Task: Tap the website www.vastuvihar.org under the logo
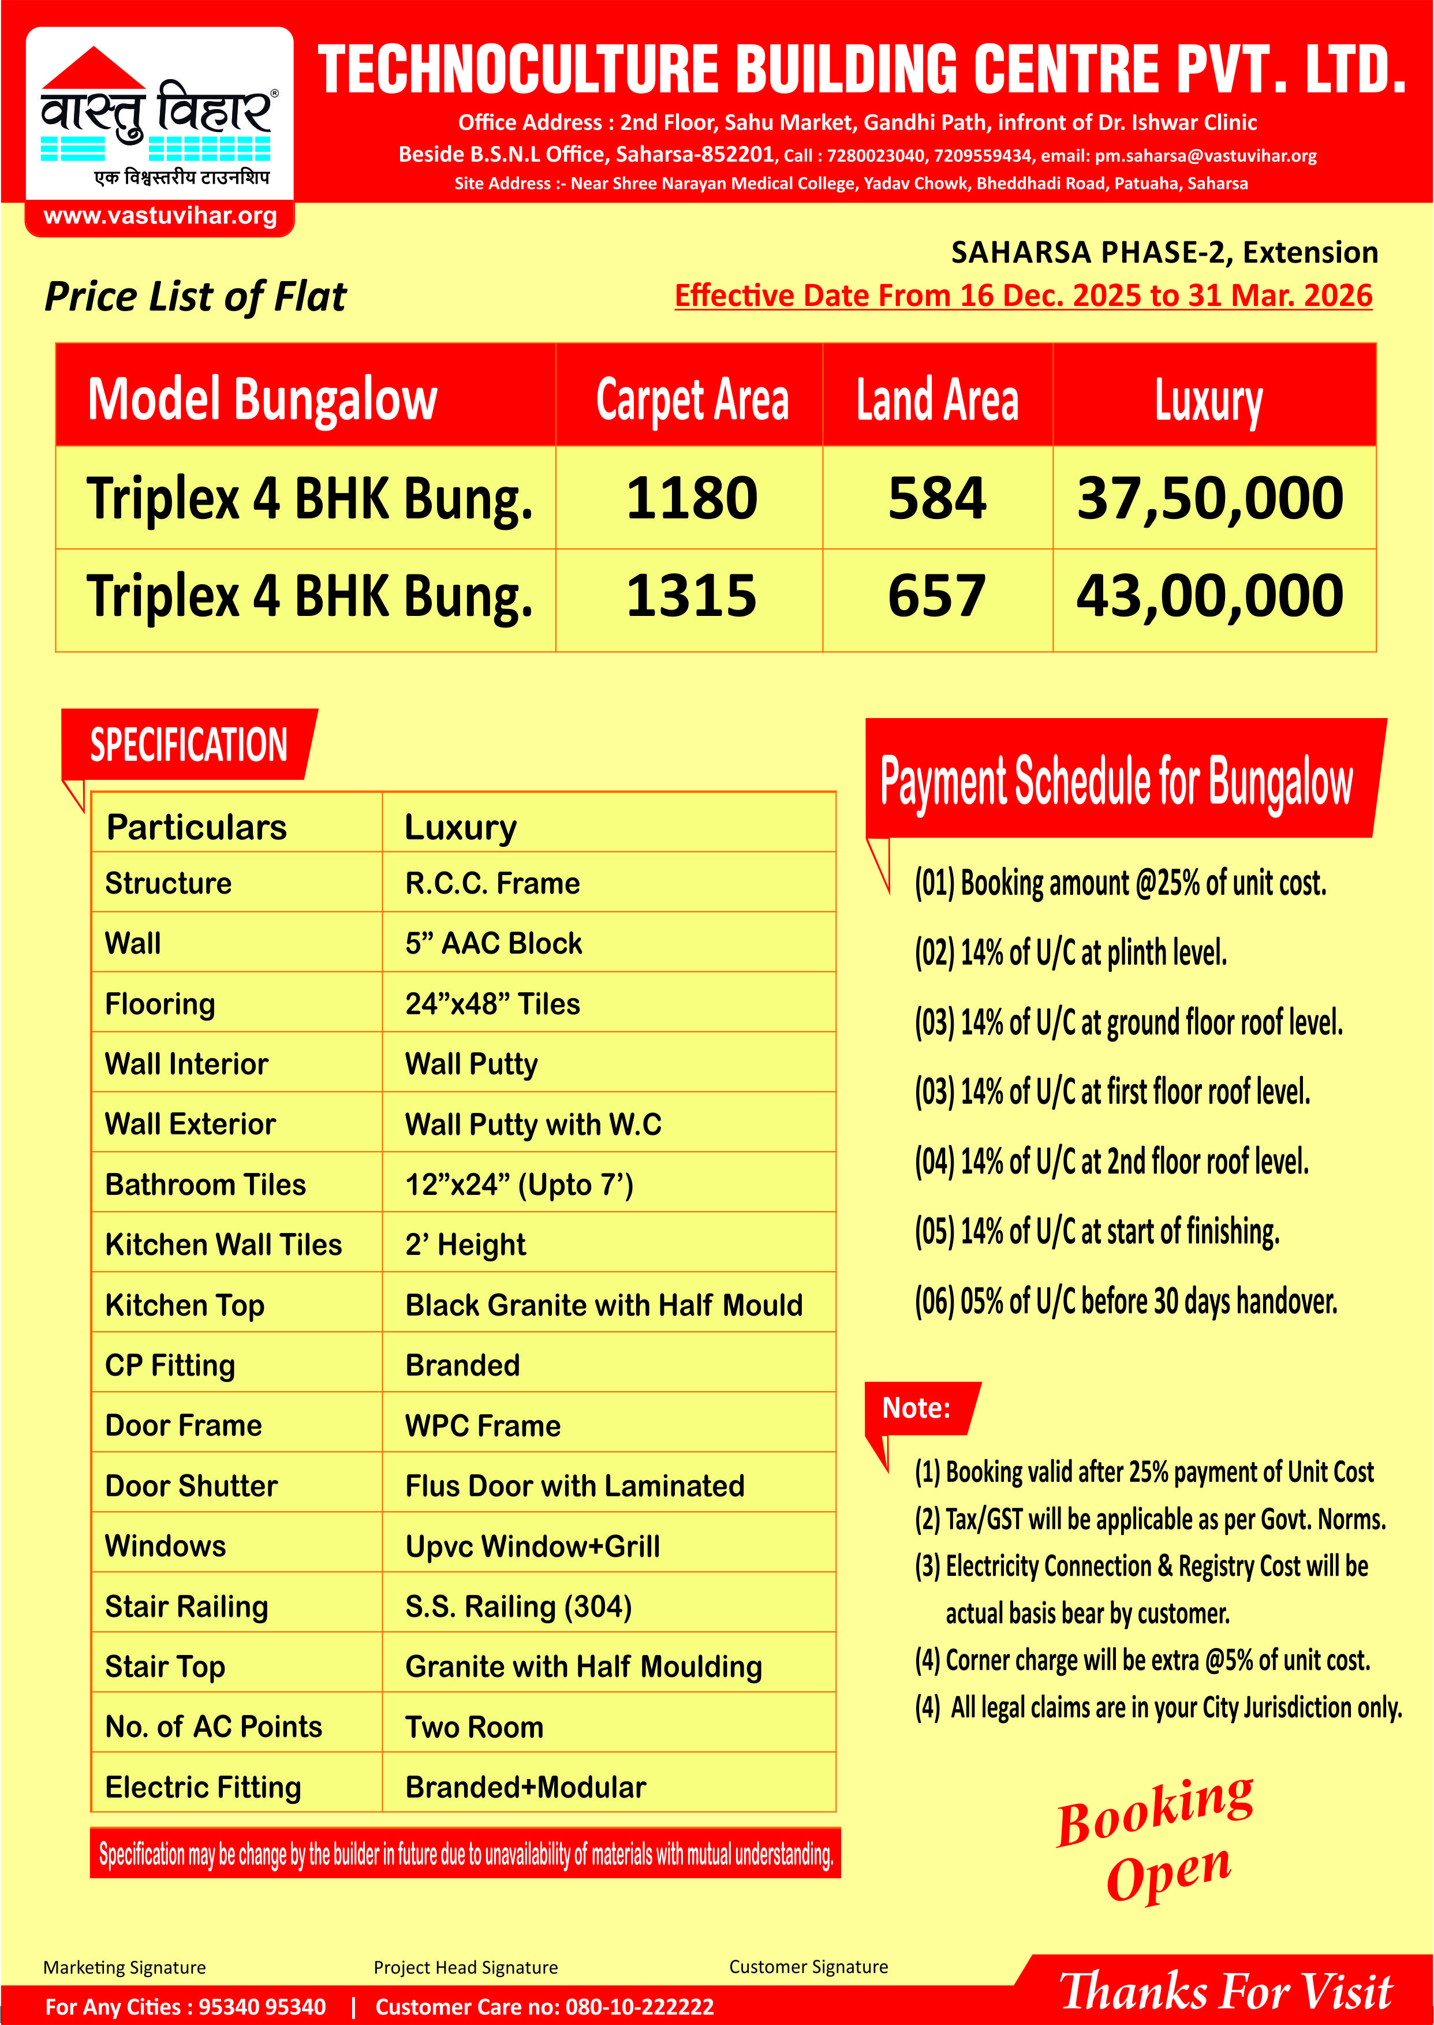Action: [x=160, y=216]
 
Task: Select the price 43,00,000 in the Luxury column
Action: [x=1209, y=596]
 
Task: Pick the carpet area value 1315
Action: [x=692, y=596]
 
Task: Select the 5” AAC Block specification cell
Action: [x=494, y=944]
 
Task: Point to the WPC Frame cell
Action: [x=483, y=1426]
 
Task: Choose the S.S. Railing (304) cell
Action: [x=518, y=1606]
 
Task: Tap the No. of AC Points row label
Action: [x=214, y=1727]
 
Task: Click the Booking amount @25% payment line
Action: [x=1119, y=883]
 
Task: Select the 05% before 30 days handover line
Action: [x=1126, y=1301]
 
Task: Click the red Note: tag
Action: [x=917, y=1408]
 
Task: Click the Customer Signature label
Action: [x=808, y=1967]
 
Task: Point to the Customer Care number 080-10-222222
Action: [x=639, y=2007]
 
